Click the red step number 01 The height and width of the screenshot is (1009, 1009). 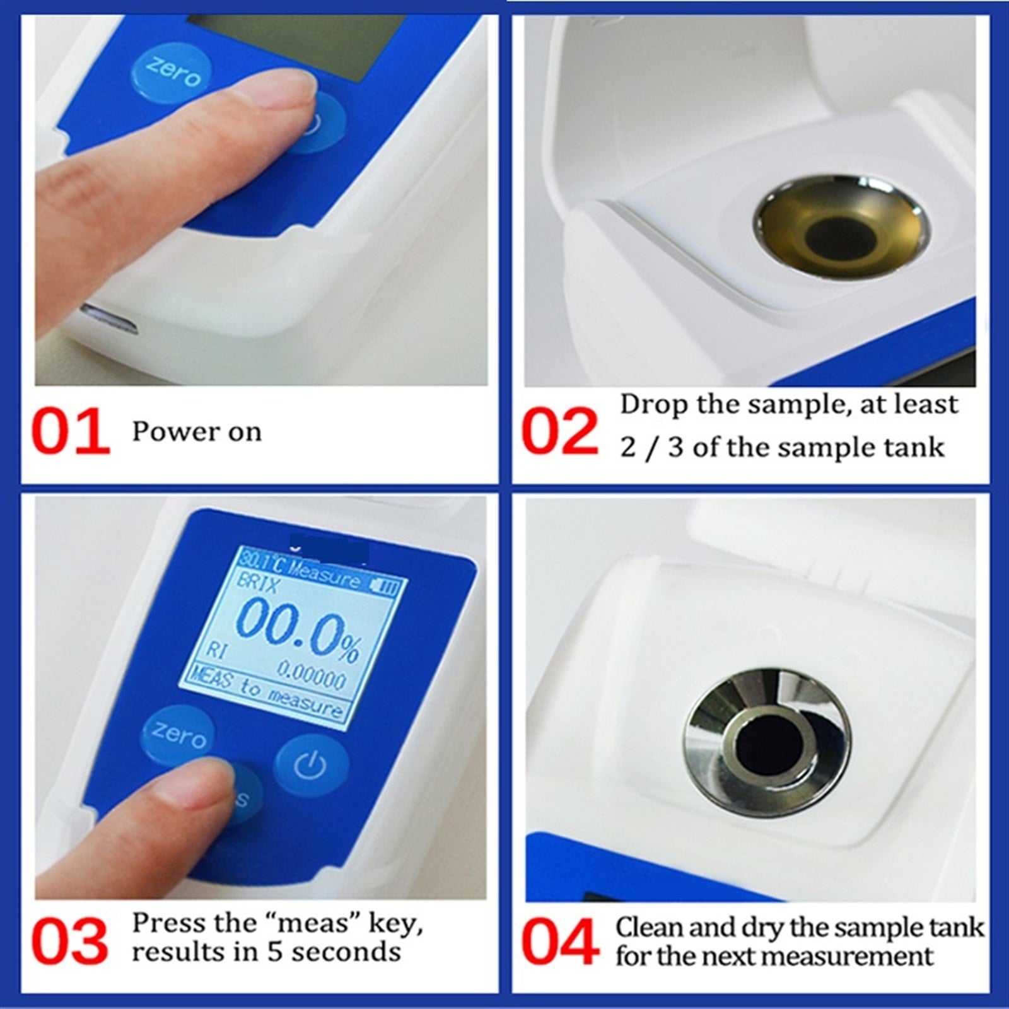click(x=71, y=432)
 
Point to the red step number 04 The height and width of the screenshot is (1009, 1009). click(x=560, y=941)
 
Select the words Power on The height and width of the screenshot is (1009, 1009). click(x=196, y=432)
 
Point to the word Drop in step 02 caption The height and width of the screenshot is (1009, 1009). click(x=653, y=405)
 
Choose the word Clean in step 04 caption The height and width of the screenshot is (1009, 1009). click(x=650, y=928)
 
